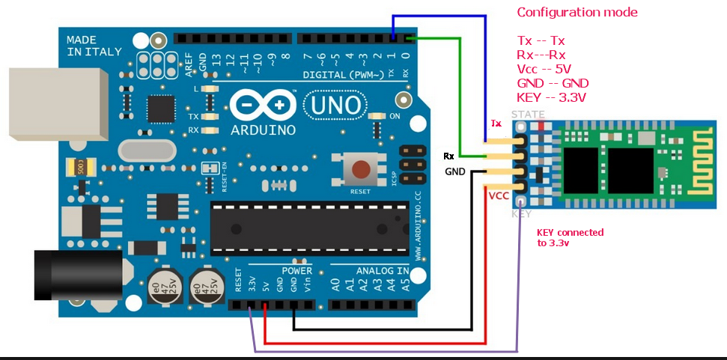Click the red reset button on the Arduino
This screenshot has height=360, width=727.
pyautogui.click(x=362, y=171)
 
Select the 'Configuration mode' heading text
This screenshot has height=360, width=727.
pyautogui.click(x=577, y=13)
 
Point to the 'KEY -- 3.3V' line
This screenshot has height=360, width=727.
pyautogui.click(x=551, y=97)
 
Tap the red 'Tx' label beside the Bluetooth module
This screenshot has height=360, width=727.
pyautogui.click(x=496, y=123)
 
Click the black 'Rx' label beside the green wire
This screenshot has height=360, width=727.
pyautogui.click(x=448, y=156)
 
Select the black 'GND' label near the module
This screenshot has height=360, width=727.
pyautogui.click(x=455, y=171)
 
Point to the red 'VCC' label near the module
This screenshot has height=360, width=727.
pyautogui.click(x=499, y=196)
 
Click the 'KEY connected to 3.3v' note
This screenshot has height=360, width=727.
pyautogui.click(x=570, y=237)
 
